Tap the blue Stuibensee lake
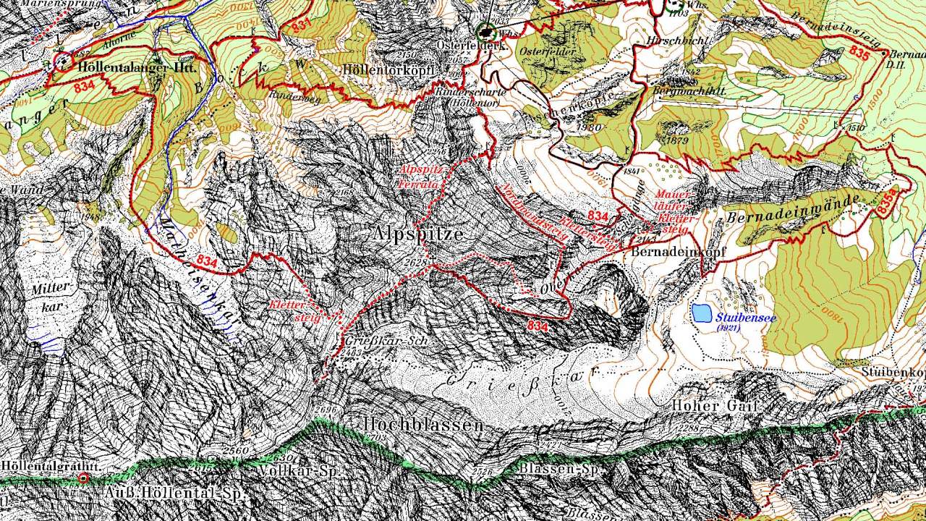click(700, 313)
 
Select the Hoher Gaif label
click(714, 407)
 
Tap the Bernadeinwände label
click(793, 208)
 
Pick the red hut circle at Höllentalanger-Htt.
click(62, 62)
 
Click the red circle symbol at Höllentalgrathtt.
click(83, 478)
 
